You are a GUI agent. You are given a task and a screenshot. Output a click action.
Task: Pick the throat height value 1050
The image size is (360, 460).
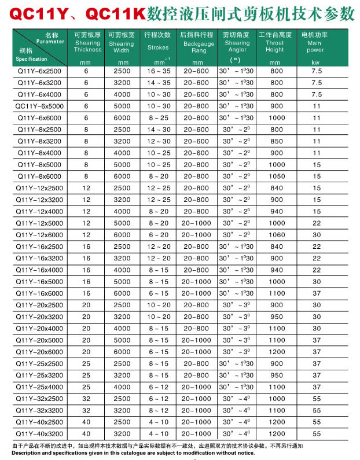(277, 176)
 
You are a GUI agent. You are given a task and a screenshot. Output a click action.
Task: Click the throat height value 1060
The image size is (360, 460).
(277, 234)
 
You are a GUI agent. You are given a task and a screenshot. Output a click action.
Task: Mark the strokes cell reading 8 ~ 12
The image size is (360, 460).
(159, 410)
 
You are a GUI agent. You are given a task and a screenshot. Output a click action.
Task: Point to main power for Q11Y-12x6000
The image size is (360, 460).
(317, 234)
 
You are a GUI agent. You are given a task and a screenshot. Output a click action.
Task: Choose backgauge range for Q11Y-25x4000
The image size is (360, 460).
(197, 387)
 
